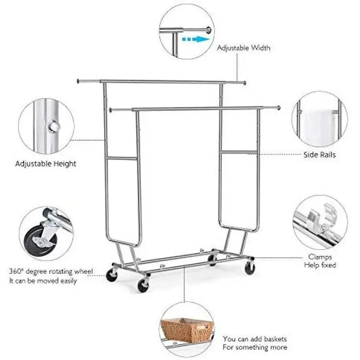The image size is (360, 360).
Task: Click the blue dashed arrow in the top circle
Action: coord(196,39)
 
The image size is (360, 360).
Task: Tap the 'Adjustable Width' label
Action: coord(243,48)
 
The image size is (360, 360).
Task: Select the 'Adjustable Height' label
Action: coord(46,164)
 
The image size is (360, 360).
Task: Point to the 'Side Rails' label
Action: coord(319,155)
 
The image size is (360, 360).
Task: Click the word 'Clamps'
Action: coord(320,257)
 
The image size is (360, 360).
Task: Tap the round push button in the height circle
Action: coord(54,127)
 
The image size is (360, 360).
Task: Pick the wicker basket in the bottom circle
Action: coord(186,330)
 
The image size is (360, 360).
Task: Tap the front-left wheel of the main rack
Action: coord(143,286)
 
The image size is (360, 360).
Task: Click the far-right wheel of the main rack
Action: coord(250,268)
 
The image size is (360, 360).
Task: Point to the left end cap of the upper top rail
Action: coord(78,81)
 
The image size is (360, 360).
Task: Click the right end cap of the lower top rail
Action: coord(279,108)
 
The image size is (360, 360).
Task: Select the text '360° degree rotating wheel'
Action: coord(51,271)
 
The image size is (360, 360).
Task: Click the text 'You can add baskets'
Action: coord(254,339)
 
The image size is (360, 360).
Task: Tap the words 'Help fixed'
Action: coord(320,265)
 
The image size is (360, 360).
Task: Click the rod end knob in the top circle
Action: coord(208,30)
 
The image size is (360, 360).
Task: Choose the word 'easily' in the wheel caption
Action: coord(69,281)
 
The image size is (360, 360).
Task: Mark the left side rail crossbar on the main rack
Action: coord(122,158)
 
